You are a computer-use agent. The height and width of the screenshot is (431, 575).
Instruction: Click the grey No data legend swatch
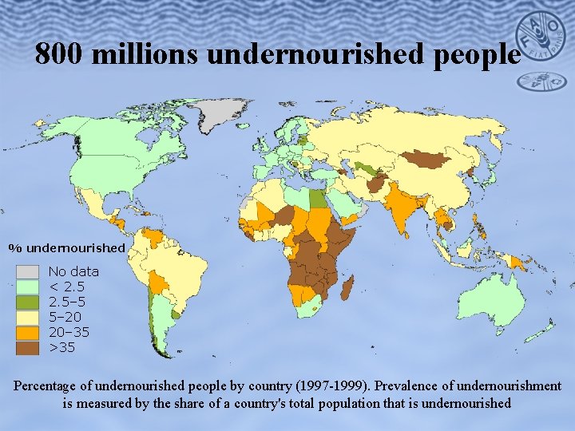28,271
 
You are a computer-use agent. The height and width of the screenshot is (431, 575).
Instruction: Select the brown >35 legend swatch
28,347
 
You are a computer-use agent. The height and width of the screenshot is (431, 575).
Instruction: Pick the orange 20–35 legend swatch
28,332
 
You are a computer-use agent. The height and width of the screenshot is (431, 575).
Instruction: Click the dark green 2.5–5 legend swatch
28,302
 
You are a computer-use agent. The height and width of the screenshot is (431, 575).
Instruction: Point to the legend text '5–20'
65,317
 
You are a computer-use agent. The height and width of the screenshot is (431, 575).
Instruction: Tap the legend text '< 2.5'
67,287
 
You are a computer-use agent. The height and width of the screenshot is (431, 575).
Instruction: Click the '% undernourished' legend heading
67,247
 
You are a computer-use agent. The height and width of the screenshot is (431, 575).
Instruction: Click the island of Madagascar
347,287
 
